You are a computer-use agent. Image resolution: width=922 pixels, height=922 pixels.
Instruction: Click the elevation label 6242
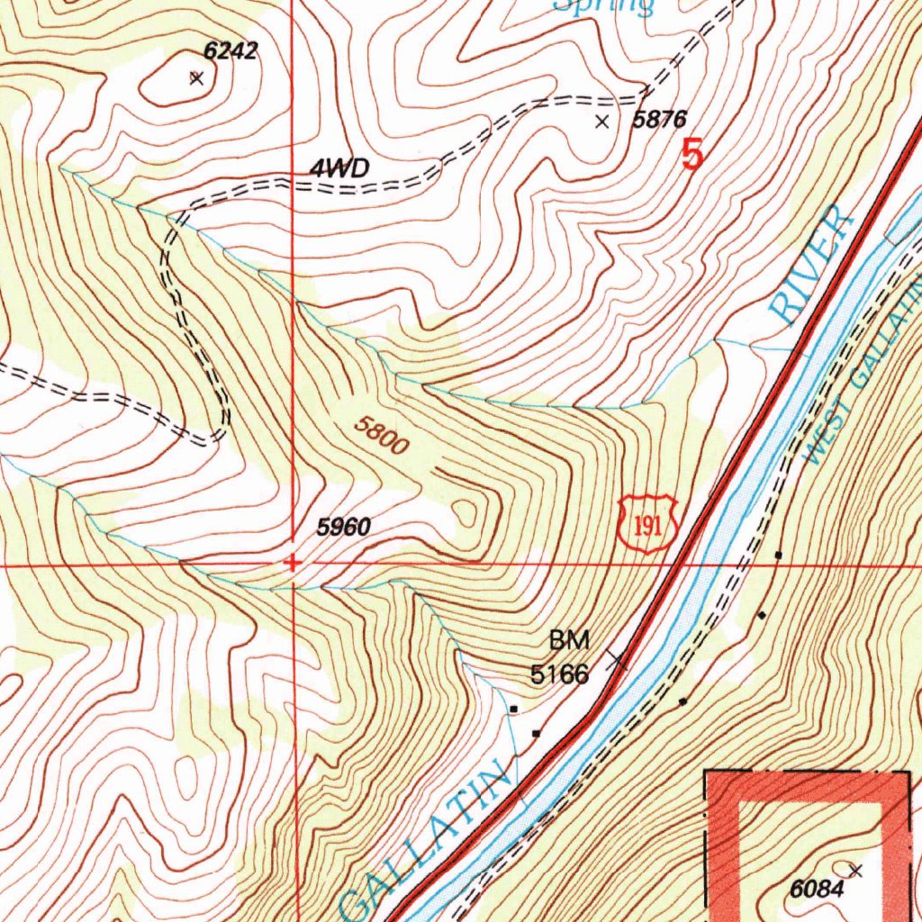tap(230, 51)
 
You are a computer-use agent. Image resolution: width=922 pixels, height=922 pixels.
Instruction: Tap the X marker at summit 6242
tap(196, 78)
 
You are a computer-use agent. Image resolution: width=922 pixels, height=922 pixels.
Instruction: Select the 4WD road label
tap(339, 168)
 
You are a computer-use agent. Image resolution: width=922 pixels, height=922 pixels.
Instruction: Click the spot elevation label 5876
tap(659, 119)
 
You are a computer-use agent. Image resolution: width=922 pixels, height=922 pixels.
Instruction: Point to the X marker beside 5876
tap(602, 122)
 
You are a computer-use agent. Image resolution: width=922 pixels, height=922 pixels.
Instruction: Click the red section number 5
tap(691, 154)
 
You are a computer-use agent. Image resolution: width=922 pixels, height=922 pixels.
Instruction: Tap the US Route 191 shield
tap(647, 523)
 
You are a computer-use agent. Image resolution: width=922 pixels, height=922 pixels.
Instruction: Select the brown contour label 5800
tap(381, 436)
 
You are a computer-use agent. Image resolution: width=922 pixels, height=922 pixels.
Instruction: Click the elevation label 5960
tap(343, 529)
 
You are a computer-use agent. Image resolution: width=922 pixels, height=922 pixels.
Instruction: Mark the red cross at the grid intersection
tap(292, 564)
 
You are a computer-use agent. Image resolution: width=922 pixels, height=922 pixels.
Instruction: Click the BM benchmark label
tap(569, 641)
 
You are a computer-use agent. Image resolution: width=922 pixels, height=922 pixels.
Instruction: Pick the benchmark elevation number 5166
tap(559, 673)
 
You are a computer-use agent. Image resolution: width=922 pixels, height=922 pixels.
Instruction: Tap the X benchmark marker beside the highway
tap(617, 662)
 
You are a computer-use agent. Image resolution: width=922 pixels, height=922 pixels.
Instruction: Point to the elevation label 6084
tap(818, 890)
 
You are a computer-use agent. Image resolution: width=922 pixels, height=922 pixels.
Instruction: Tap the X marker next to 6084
tap(855, 870)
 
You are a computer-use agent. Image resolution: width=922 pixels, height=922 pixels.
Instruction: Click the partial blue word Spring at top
tap(603, 7)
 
